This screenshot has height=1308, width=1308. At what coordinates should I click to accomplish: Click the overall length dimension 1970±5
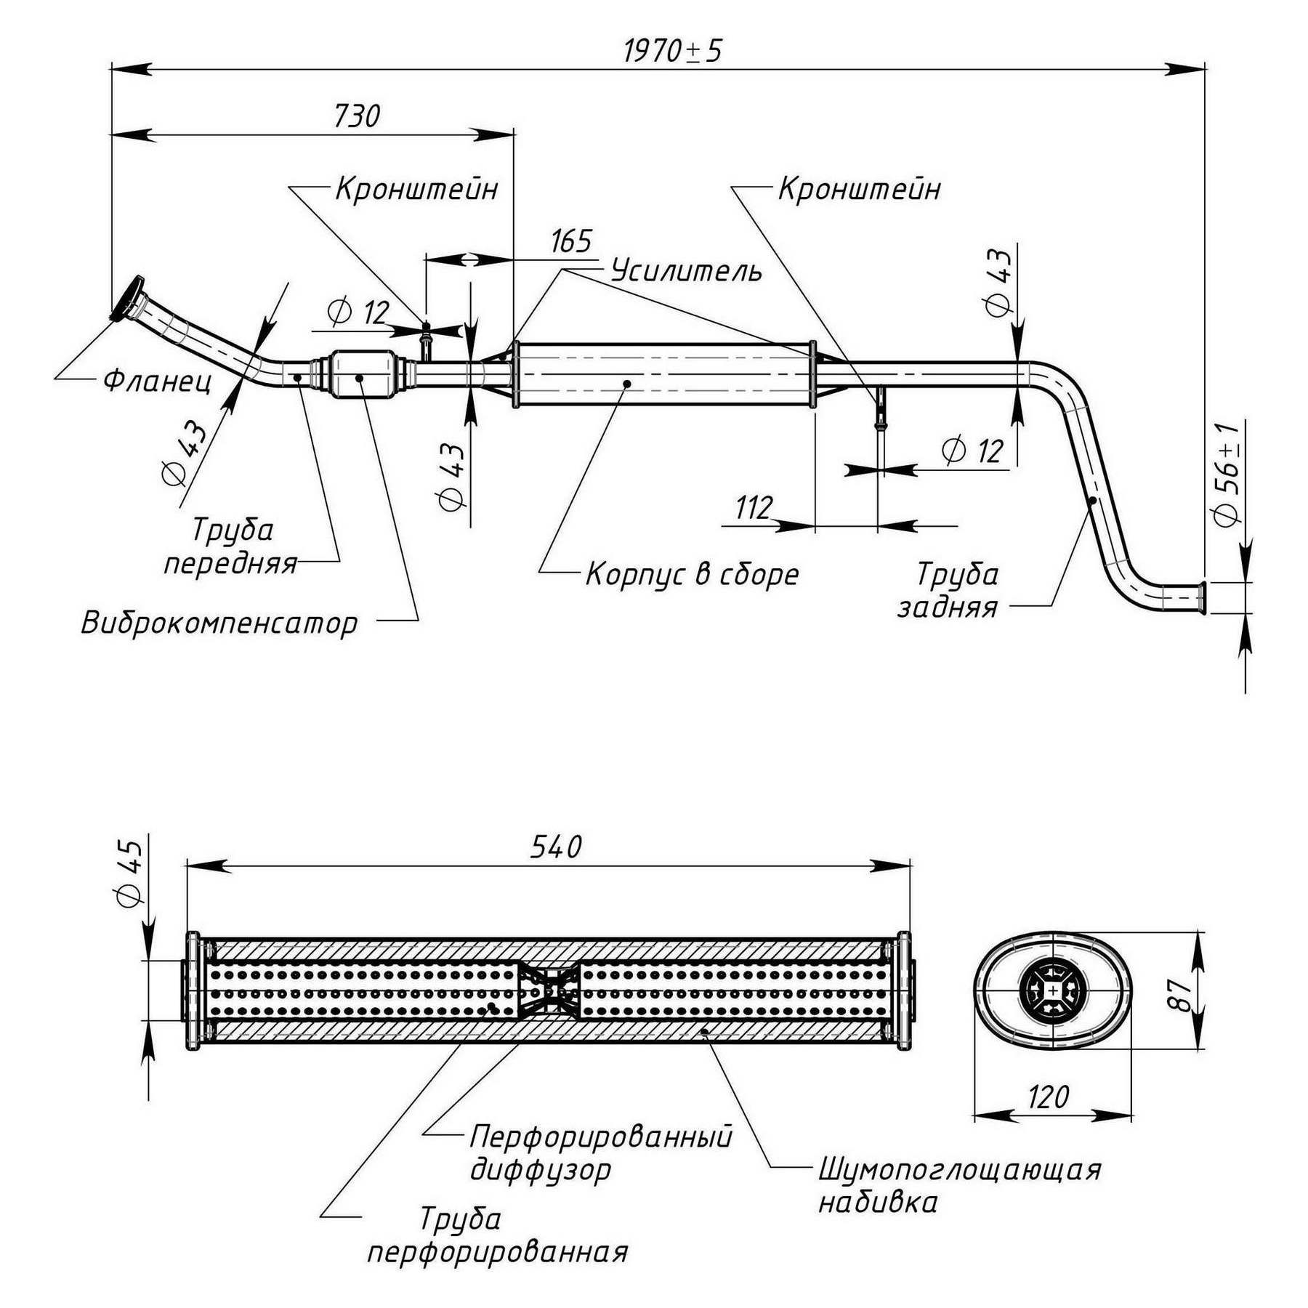point(673,51)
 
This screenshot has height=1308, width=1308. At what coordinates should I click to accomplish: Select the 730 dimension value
point(357,116)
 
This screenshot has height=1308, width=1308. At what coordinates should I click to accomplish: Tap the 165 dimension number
point(571,241)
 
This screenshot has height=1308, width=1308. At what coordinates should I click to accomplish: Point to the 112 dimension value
point(754,508)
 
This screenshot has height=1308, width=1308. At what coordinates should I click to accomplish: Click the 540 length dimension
point(557,847)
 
